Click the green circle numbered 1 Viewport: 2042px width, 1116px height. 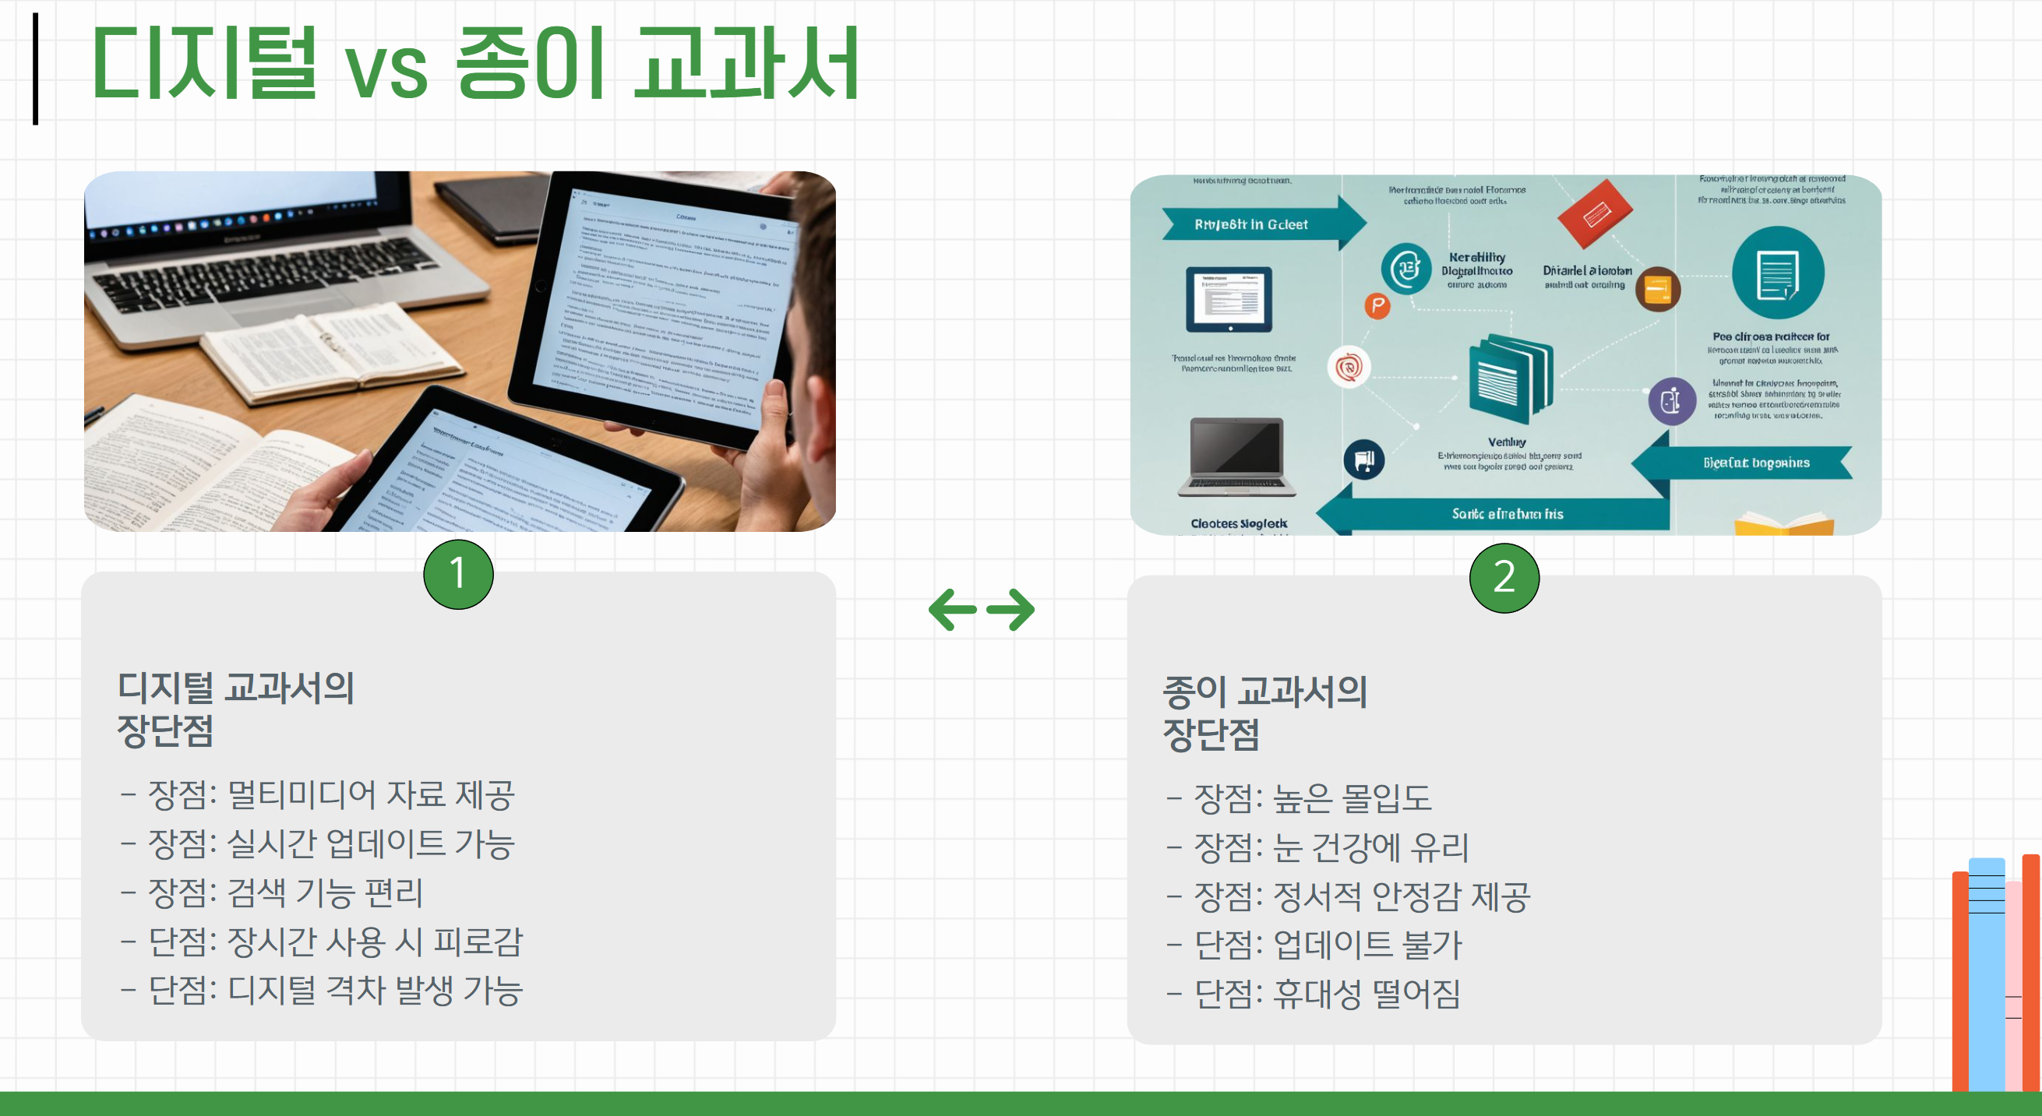point(458,574)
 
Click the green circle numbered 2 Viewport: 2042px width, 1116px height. point(1504,577)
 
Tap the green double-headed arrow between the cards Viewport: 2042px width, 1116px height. point(982,610)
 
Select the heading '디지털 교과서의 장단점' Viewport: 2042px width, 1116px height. point(235,709)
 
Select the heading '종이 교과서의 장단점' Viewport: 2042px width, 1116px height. point(1264,713)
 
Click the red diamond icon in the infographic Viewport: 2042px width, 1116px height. point(1595,213)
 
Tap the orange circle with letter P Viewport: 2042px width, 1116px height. point(1377,305)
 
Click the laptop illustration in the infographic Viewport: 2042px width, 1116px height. point(1236,457)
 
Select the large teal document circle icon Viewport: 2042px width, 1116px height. point(1777,273)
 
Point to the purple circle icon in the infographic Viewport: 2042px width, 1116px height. point(1672,401)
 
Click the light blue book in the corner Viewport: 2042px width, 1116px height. point(1987,975)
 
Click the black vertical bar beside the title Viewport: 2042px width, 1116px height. point(36,69)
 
